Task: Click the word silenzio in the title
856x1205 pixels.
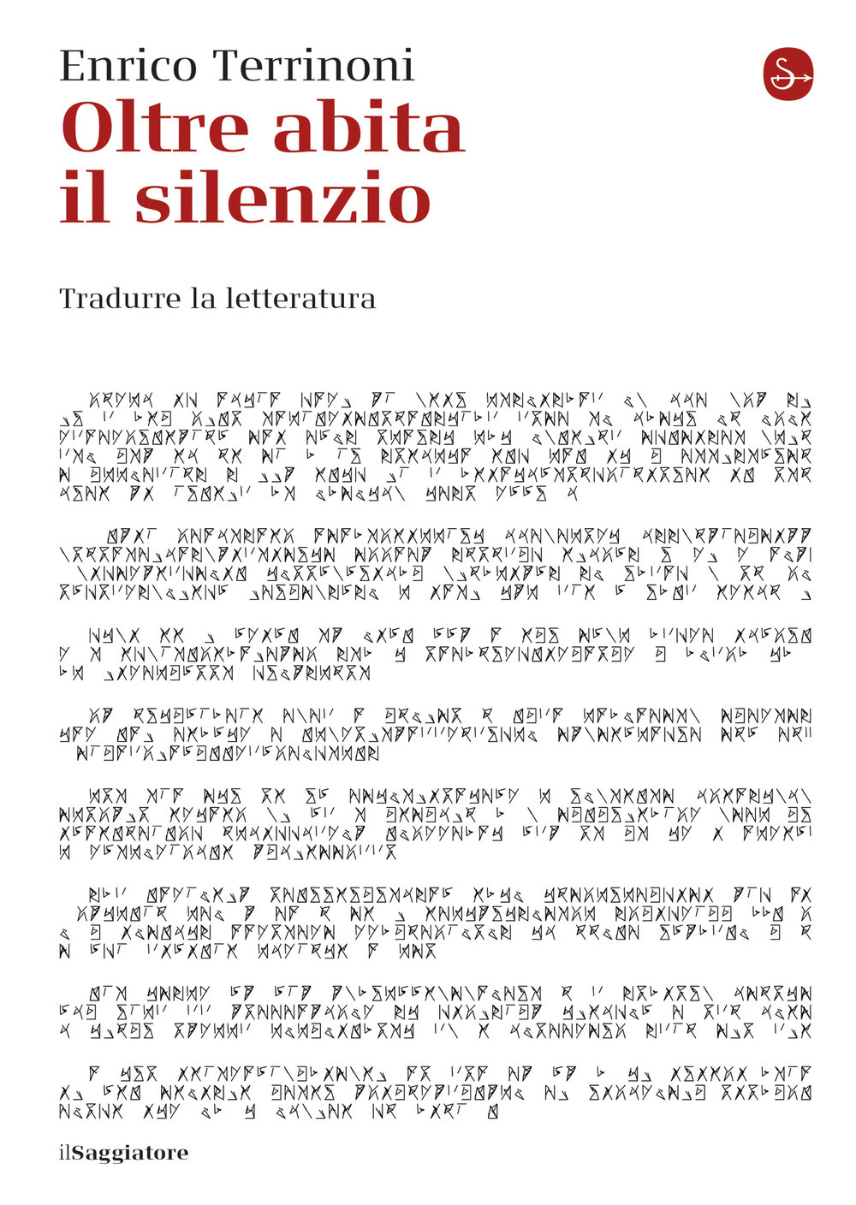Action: tap(282, 198)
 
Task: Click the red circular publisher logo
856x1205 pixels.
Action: tap(788, 74)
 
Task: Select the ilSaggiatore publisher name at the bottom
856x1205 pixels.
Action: tap(123, 1153)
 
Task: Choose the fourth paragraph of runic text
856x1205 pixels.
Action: tap(435, 734)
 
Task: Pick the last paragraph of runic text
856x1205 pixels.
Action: tap(435, 1091)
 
